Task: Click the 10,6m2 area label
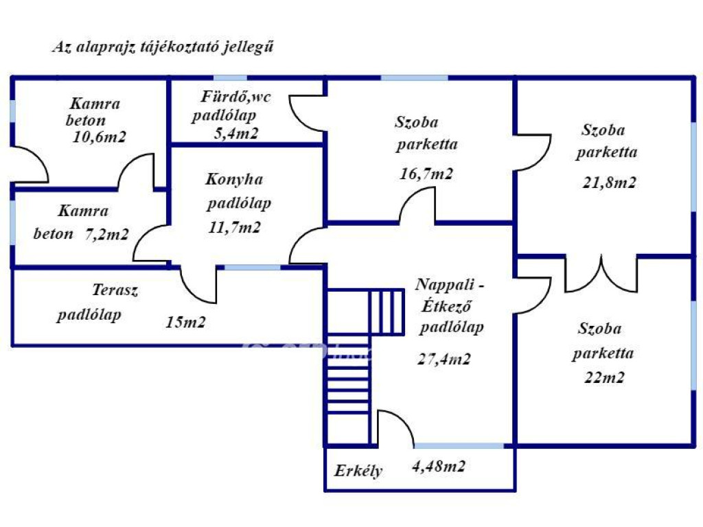click(x=99, y=137)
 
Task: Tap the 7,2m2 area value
click(x=106, y=234)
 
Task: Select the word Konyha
click(x=234, y=180)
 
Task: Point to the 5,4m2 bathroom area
click(x=236, y=133)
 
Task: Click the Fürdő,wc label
click(x=236, y=96)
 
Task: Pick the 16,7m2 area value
click(x=426, y=174)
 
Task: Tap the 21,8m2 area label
click(x=609, y=183)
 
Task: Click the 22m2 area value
click(x=604, y=377)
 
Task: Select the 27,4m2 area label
click(x=444, y=359)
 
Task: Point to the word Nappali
click(x=445, y=285)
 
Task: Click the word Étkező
click(x=446, y=305)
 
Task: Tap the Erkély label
click(x=358, y=471)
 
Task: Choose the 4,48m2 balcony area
click(x=439, y=467)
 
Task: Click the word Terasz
click(x=115, y=290)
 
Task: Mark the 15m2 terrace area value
click(x=185, y=322)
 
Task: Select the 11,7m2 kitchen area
click(x=234, y=227)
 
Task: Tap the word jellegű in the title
click(x=254, y=47)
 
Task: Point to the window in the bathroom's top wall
click(x=231, y=78)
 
